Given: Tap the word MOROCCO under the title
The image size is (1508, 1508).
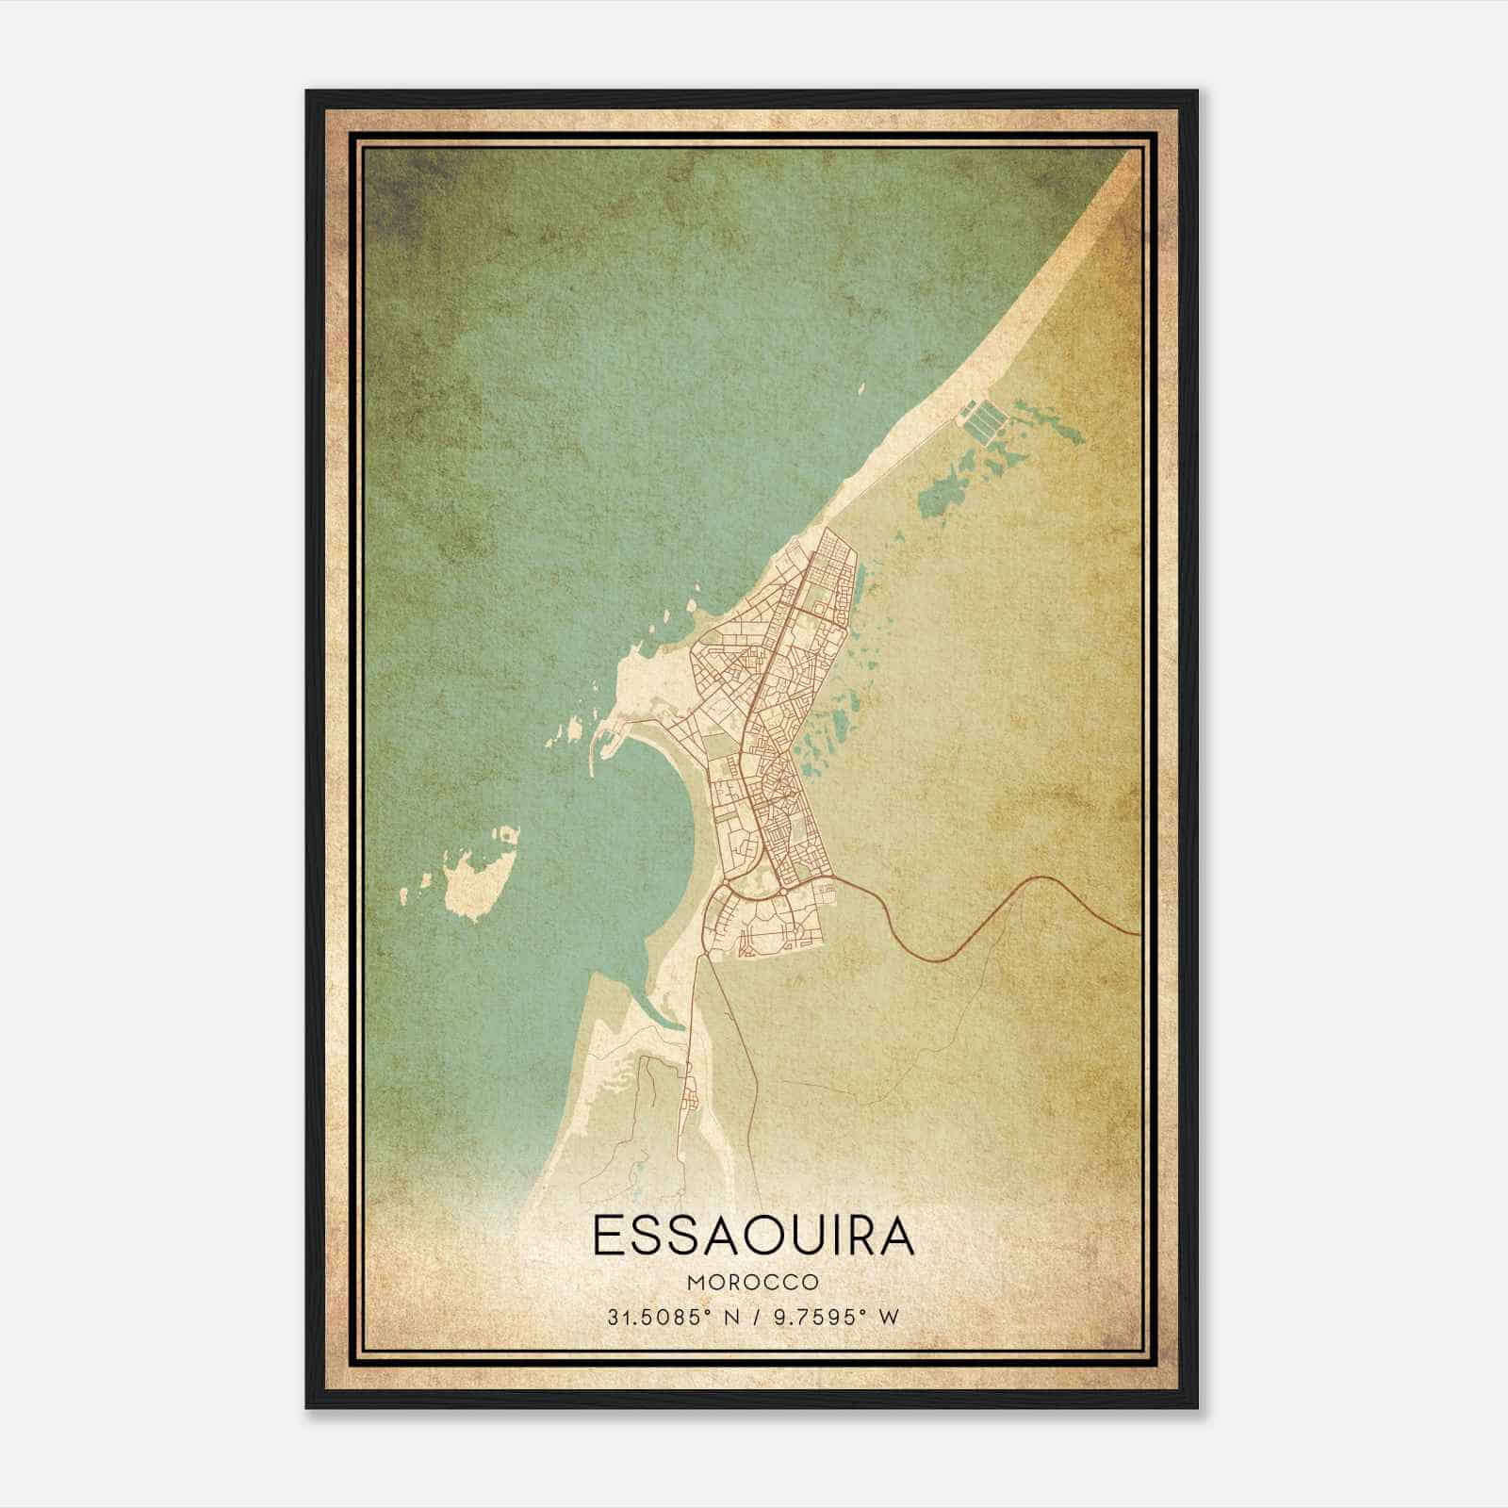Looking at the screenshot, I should (x=753, y=1283).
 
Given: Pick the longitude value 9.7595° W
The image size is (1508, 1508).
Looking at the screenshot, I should (x=834, y=1317).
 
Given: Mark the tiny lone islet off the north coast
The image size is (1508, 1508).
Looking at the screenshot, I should (x=861, y=385).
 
